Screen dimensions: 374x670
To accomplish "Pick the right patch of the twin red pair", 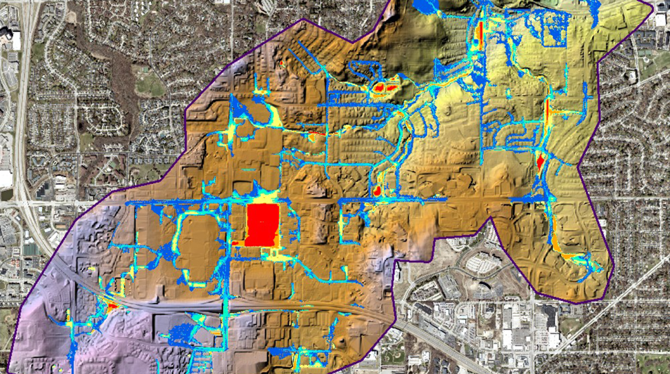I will (x=391, y=87).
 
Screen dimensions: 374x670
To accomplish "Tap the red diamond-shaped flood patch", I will (x=540, y=161).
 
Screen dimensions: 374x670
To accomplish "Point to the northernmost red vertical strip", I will (x=478, y=35).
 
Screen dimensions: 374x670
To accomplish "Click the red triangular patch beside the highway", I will (x=112, y=306).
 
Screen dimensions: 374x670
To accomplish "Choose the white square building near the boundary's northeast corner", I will (x=661, y=21).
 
